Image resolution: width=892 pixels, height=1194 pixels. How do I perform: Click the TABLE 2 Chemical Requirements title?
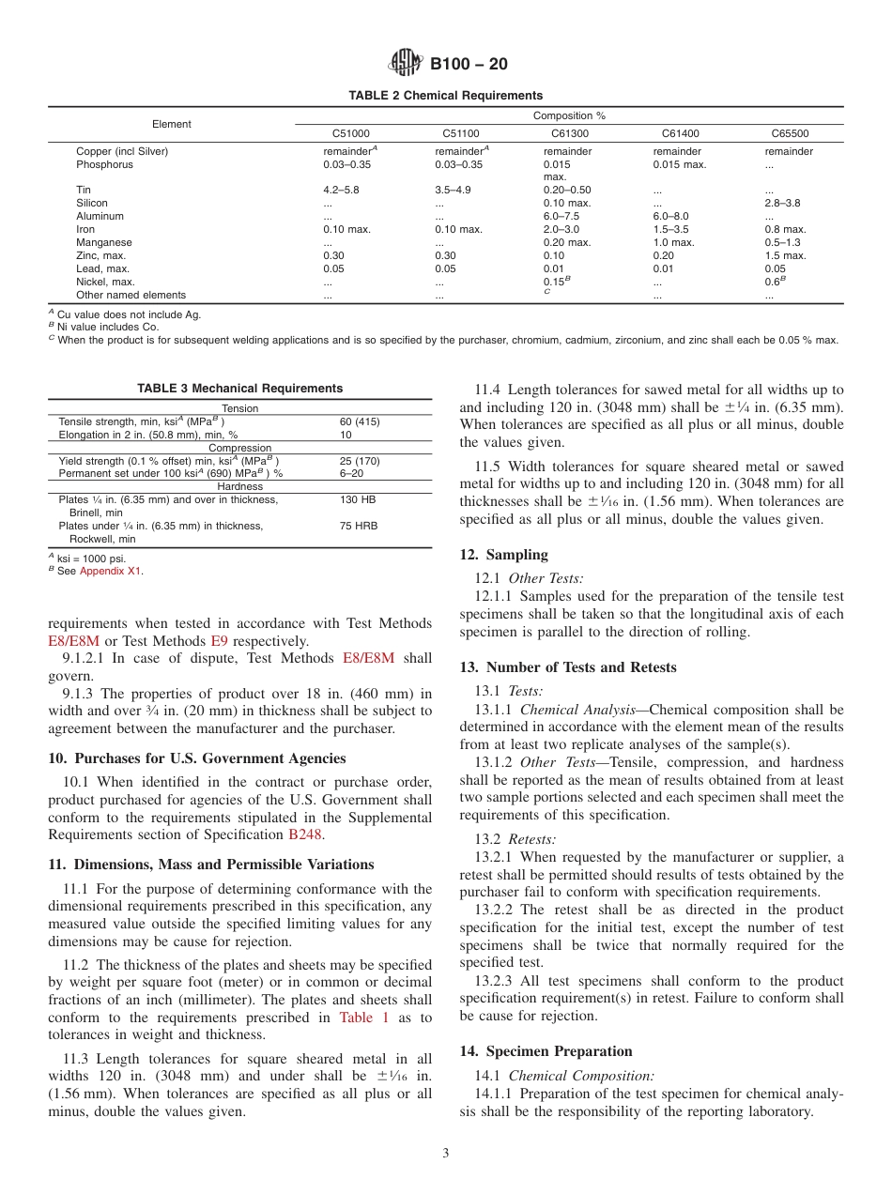tap(445, 96)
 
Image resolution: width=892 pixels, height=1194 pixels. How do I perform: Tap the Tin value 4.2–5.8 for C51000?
tap(341, 190)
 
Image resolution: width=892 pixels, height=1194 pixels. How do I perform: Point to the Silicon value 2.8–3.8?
tap(782, 203)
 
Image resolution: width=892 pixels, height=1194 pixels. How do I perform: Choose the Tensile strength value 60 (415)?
tap(360, 421)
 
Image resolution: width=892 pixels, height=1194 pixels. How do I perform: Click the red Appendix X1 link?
tap(111, 571)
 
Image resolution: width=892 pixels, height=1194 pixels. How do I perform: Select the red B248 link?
tap(305, 834)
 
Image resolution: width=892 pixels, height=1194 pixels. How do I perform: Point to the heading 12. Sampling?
tap(503, 555)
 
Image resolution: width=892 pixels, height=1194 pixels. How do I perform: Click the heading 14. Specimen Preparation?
tap(546, 1051)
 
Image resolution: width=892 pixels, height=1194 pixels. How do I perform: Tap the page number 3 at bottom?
tap(446, 1154)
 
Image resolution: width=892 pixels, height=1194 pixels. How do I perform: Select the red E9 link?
tap(218, 641)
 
